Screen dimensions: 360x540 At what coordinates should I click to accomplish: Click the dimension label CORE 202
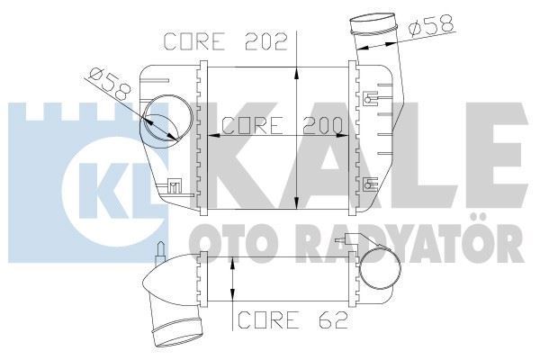click(x=225, y=41)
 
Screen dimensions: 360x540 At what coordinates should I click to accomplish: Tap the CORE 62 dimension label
click(x=282, y=320)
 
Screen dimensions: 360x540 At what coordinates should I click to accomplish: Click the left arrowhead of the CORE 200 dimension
click(x=212, y=136)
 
